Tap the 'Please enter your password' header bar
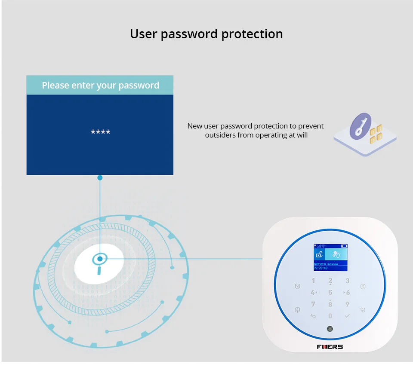coord(100,85)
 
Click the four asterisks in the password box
coord(100,132)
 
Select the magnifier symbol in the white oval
coord(100,262)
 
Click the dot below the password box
coord(100,177)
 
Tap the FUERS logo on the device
coord(330,346)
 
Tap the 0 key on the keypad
coord(330,316)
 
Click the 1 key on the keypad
coord(313,281)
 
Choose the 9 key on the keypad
coord(347,304)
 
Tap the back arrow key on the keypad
coord(313,316)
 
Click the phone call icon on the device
coord(363,310)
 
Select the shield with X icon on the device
coord(363,286)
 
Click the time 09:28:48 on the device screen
coord(321,268)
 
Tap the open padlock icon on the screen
coord(319,254)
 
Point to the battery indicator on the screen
coord(344,246)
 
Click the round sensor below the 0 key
coord(330,329)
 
